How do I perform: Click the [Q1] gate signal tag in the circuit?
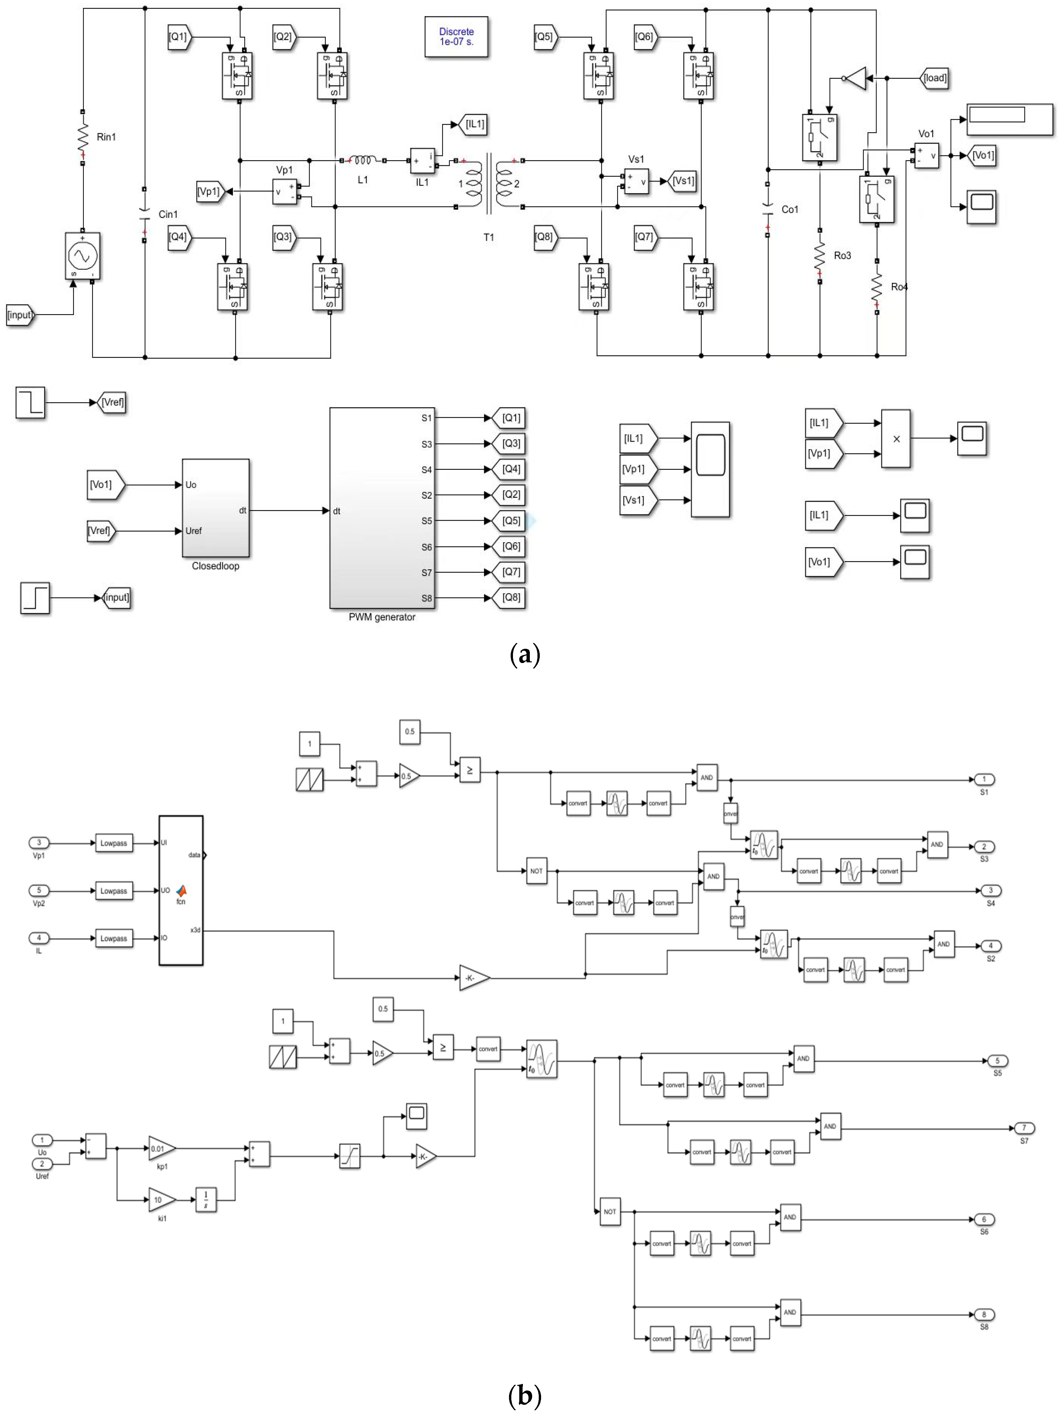(x=179, y=37)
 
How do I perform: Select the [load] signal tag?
(x=934, y=78)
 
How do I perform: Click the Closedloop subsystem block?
(x=216, y=508)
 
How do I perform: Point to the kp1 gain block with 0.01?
(x=160, y=1148)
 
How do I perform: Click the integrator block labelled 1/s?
(x=205, y=1200)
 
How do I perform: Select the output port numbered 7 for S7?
(x=1024, y=1128)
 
